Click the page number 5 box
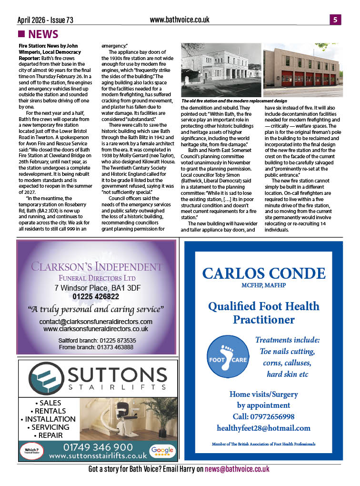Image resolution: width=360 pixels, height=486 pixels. point(335,20)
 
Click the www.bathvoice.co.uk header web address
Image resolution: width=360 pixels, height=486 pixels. point(179,20)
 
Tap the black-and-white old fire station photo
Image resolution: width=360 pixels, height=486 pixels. point(221,70)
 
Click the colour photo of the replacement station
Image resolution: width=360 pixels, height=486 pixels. point(303,70)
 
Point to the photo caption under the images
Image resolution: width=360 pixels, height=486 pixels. point(234,101)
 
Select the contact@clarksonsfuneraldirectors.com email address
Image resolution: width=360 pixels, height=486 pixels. point(96,322)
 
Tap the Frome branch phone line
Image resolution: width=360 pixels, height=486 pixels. point(96,347)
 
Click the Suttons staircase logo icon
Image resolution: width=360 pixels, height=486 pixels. point(44,377)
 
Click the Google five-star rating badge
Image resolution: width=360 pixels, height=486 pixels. point(161,451)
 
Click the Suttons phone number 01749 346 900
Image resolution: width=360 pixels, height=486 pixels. point(98,447)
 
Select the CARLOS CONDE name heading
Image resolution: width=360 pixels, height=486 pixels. point(264,273)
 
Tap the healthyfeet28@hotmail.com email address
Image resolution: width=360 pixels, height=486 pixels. point(263,428)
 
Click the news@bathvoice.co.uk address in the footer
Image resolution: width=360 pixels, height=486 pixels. point(237,469)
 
